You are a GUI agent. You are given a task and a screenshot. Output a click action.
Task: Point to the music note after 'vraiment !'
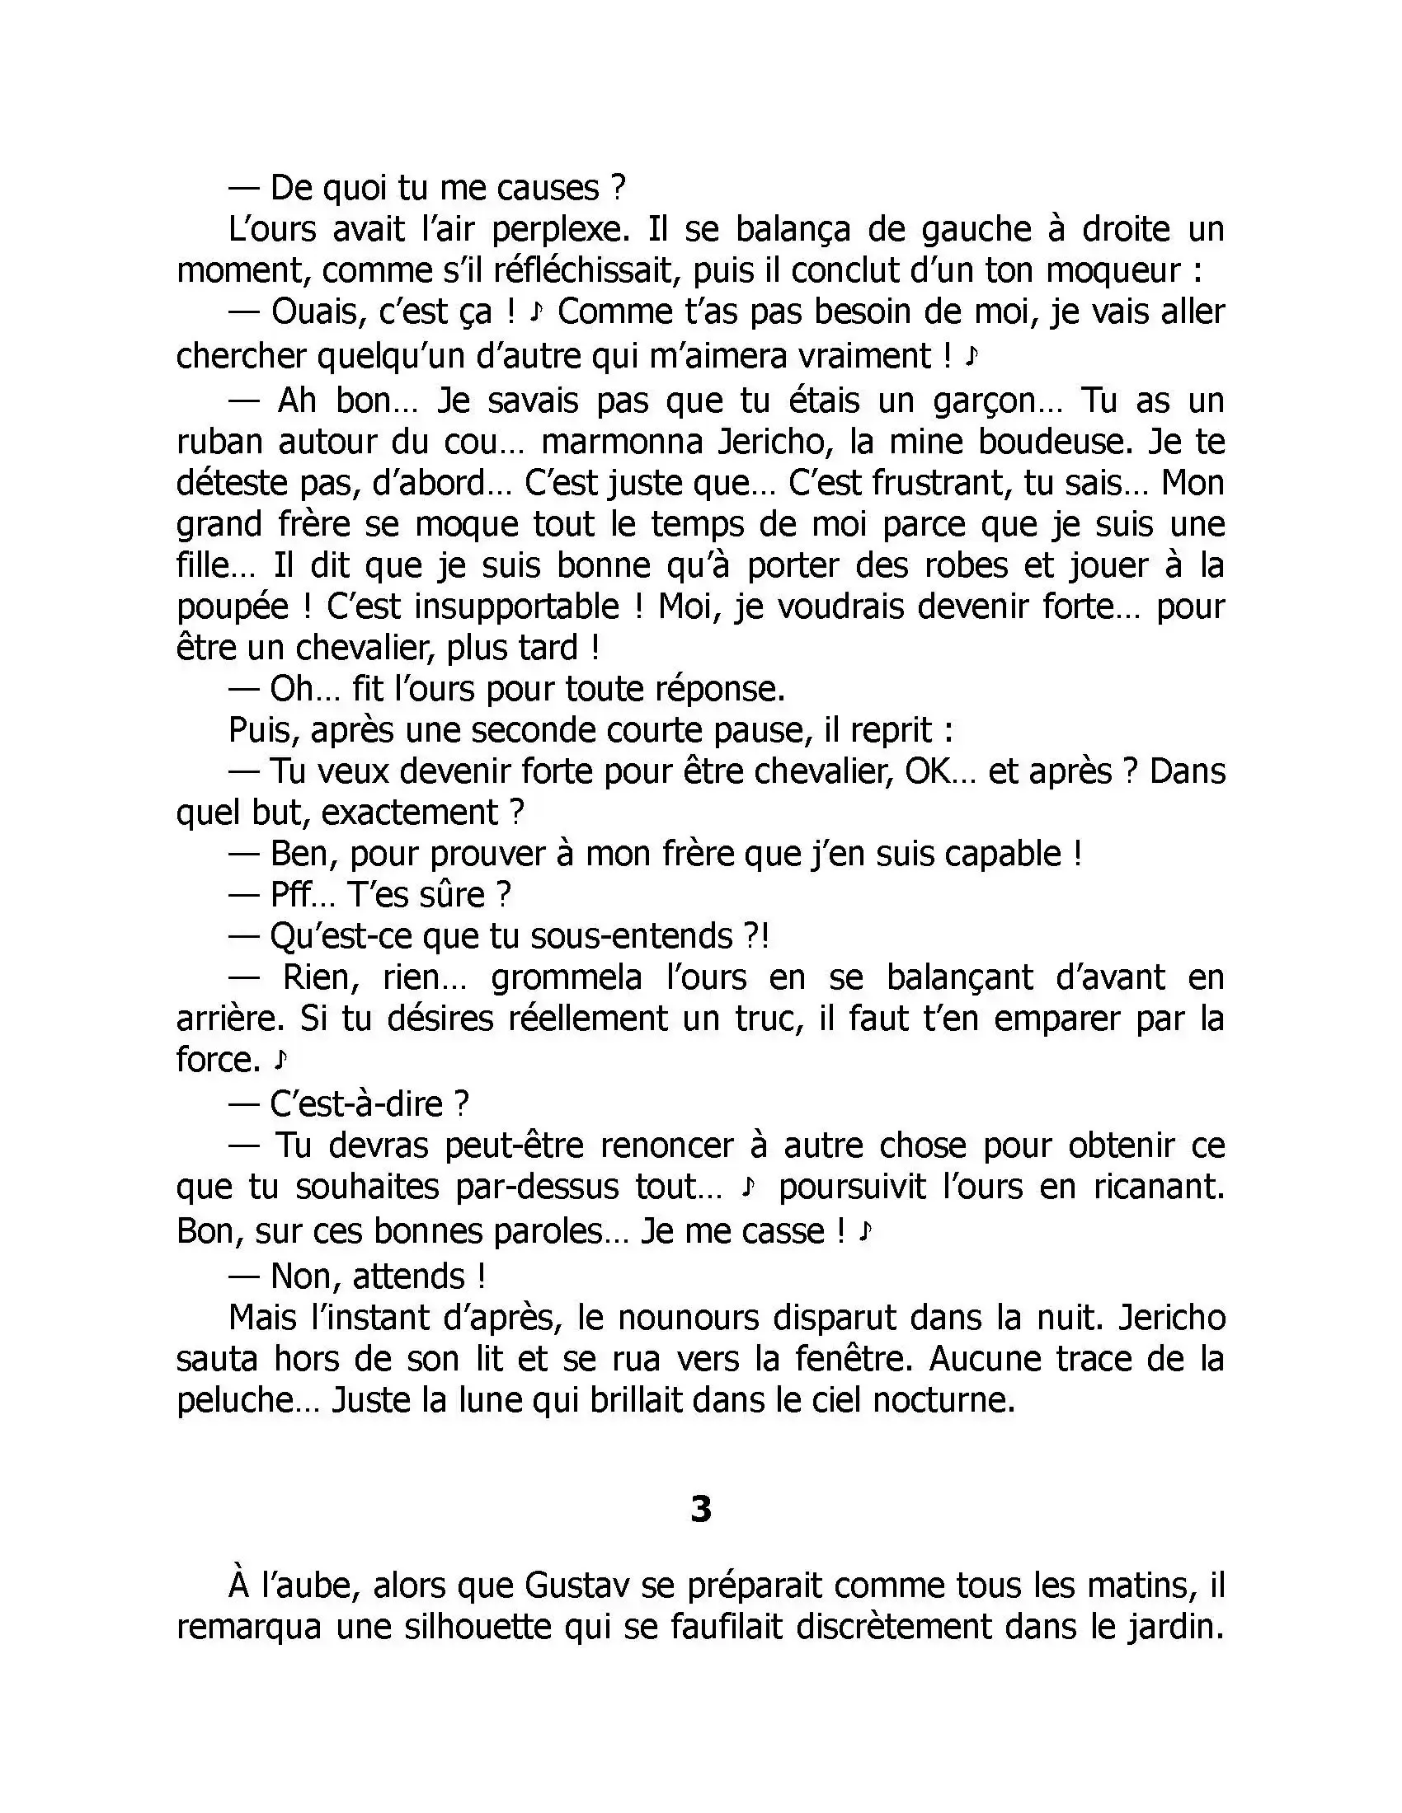pos(972,357)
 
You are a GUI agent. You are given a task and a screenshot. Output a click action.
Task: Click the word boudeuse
pos(1055,443)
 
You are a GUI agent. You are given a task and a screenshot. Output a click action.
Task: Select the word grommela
pos(567,978)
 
